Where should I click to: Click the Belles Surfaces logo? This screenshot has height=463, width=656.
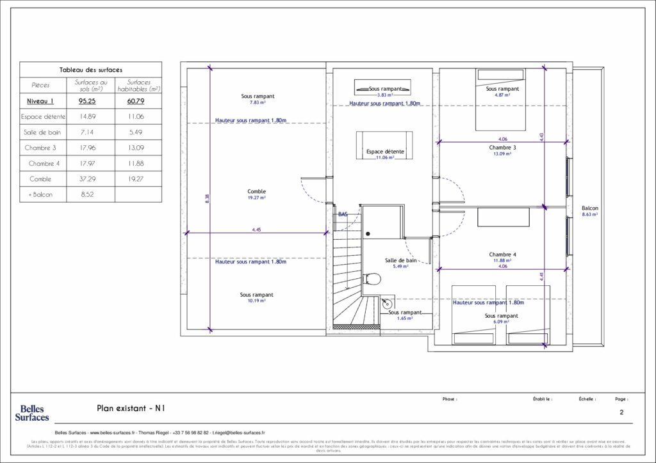point(32,412)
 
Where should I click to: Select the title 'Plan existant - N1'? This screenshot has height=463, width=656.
point(133,407)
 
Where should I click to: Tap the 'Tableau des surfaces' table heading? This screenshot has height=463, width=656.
point(90,70)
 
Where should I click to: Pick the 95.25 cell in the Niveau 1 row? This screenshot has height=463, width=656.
point(90,101)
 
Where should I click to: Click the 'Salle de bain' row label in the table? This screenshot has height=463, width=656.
point(42,132)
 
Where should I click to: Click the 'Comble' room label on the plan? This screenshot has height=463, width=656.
point(256,191)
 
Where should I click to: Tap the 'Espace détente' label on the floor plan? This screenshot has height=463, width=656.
point(384,152)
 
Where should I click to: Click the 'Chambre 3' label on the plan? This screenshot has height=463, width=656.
point(502,147)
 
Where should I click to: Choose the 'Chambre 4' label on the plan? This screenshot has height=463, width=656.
point(502,255)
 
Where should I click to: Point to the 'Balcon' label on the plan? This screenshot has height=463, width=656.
point(590,208)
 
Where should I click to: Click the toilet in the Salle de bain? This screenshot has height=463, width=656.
point(372,279)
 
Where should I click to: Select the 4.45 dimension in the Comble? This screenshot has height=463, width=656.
point(256,230)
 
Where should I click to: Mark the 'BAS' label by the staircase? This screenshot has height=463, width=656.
point(343,214)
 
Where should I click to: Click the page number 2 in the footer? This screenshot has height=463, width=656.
point(621,413)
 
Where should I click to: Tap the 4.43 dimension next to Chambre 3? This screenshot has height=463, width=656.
point(541,136)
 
